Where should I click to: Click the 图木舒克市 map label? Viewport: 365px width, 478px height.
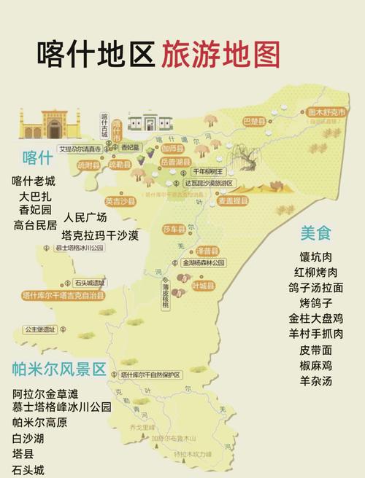[326, 112]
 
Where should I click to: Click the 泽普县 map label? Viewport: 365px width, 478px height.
[204, 250]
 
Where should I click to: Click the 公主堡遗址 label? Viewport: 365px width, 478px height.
[40, 329]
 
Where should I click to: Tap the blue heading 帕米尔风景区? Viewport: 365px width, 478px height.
[59, 367]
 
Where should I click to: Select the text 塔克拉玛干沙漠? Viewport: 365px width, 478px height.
[101, 235]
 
